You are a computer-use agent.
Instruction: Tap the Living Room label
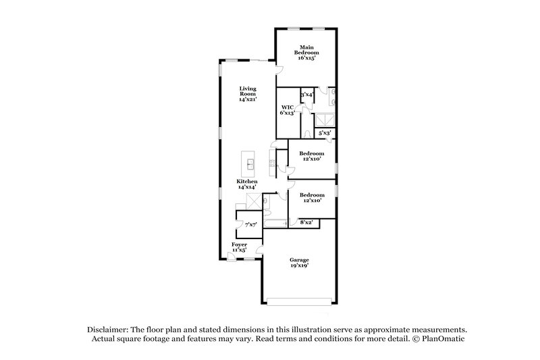pyautogui.click(x=248, y=94)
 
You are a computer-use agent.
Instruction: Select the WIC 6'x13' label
pyautogui.click(x=288, y=110)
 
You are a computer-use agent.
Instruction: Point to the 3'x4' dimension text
pyautogui.click(x=306, y=95)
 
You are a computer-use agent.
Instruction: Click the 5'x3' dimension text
pyautogui.click(x=324, y=133)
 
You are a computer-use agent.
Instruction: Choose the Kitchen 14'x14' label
pyautogui.click(x=246, y=185)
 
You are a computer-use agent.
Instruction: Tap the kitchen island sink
pyautogui.click(x=250, y=163)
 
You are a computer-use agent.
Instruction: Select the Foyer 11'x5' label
pyautogui.click(x=240, y=247)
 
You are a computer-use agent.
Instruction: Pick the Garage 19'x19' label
pyautogui.click(x=299, y=263)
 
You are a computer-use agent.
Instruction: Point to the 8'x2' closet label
pyautogui.click(x=306, y=222)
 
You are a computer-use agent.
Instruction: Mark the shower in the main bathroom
pyautogui.click(x=325, y=119)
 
